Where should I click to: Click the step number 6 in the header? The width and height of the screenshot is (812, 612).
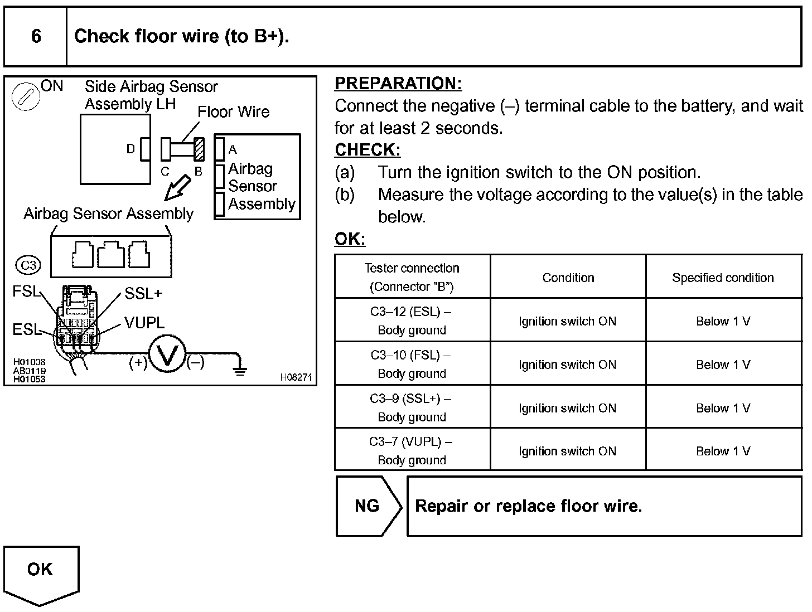click(x=36, y=36)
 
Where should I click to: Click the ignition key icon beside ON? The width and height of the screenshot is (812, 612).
click(x=26, y=96)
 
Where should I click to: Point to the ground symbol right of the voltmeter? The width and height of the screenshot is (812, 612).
click(x=240, y=368)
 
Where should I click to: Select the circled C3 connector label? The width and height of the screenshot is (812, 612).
click(x=28, y=265)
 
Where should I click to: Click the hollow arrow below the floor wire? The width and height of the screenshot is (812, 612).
click(x=178, y=187)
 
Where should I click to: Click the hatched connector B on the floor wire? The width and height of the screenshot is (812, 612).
click(x=199, y=149)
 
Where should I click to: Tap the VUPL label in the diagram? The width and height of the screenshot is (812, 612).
click(x=144, y=322)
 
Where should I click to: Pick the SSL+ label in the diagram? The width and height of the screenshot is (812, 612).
click(x=143, y=293)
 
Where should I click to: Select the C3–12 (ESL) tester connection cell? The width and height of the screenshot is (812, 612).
click(x=412, y=320)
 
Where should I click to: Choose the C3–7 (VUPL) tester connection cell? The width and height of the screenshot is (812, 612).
click(x=412, y=450)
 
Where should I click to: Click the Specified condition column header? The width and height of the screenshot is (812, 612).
click(x=723, y=278)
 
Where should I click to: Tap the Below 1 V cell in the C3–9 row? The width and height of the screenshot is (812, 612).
click(x=723, y=408)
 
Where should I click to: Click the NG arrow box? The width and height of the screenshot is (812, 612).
click(x=368, y=506)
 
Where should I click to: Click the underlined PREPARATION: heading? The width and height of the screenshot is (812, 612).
click(x=398, y=84)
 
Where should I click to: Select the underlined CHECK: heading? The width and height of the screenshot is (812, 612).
click(x=368, y=150)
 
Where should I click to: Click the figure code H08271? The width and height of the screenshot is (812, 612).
click(x=296, y=377)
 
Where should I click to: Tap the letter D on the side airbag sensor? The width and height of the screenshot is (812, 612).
click(x=130, y=149)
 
